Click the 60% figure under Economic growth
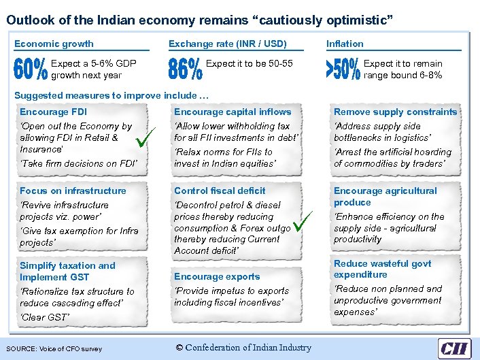[x=31, y=69]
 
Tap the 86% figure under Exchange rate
[x=185, y=69]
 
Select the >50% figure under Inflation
[x=343, y=69]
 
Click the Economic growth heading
[x=54, y=44]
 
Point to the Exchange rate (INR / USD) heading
[x=227, y=44]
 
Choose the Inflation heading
[x=345, y=44]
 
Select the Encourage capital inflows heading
[x=233, y=112]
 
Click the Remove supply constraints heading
[x=395, y=112]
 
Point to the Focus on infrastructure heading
[x=73, y=191]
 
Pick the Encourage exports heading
[x=217, y=276]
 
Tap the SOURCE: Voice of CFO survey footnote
[x=55, y=349]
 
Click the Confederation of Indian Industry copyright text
[x=243, y=348]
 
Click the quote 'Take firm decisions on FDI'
[x=78, y=163]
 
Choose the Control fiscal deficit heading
[x=220, y=191]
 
